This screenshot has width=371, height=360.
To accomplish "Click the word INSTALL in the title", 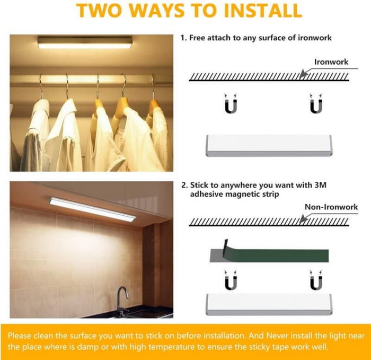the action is point(263,10).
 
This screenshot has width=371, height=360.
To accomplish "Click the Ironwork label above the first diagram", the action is point(331,62).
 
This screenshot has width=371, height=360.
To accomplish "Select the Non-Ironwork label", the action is point(331,207).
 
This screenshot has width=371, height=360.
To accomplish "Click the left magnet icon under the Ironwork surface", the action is point(231,104).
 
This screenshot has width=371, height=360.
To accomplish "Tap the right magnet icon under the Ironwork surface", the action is point(316,104).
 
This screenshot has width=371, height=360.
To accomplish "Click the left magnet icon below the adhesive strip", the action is point(231,280).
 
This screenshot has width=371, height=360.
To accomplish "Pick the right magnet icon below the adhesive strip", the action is point(316,280).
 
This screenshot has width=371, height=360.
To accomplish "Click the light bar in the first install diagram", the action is point(269,146).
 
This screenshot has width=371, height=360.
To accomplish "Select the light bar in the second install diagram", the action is point(269,304).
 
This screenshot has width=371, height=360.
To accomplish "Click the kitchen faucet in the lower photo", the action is point(122,302).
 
